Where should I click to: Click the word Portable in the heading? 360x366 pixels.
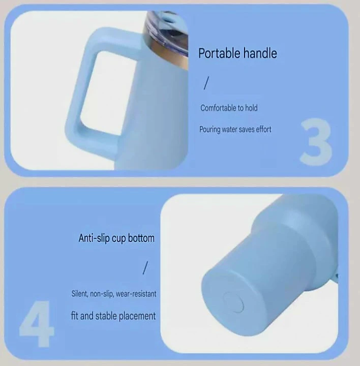(x=219, y=53)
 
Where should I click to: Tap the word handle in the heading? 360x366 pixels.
(x=260, y=53)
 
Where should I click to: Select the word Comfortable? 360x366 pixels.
(x=218, y=108)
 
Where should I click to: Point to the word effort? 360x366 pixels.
(x=263, y=129)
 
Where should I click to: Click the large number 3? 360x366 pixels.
(x=316, y=142)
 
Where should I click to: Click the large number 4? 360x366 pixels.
(x=37, y=323)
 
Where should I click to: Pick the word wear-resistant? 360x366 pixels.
(x=136, y=294)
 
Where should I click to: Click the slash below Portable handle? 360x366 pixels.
(x=206, y=83)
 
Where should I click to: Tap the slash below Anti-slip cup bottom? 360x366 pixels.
(x=145, y=268)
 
